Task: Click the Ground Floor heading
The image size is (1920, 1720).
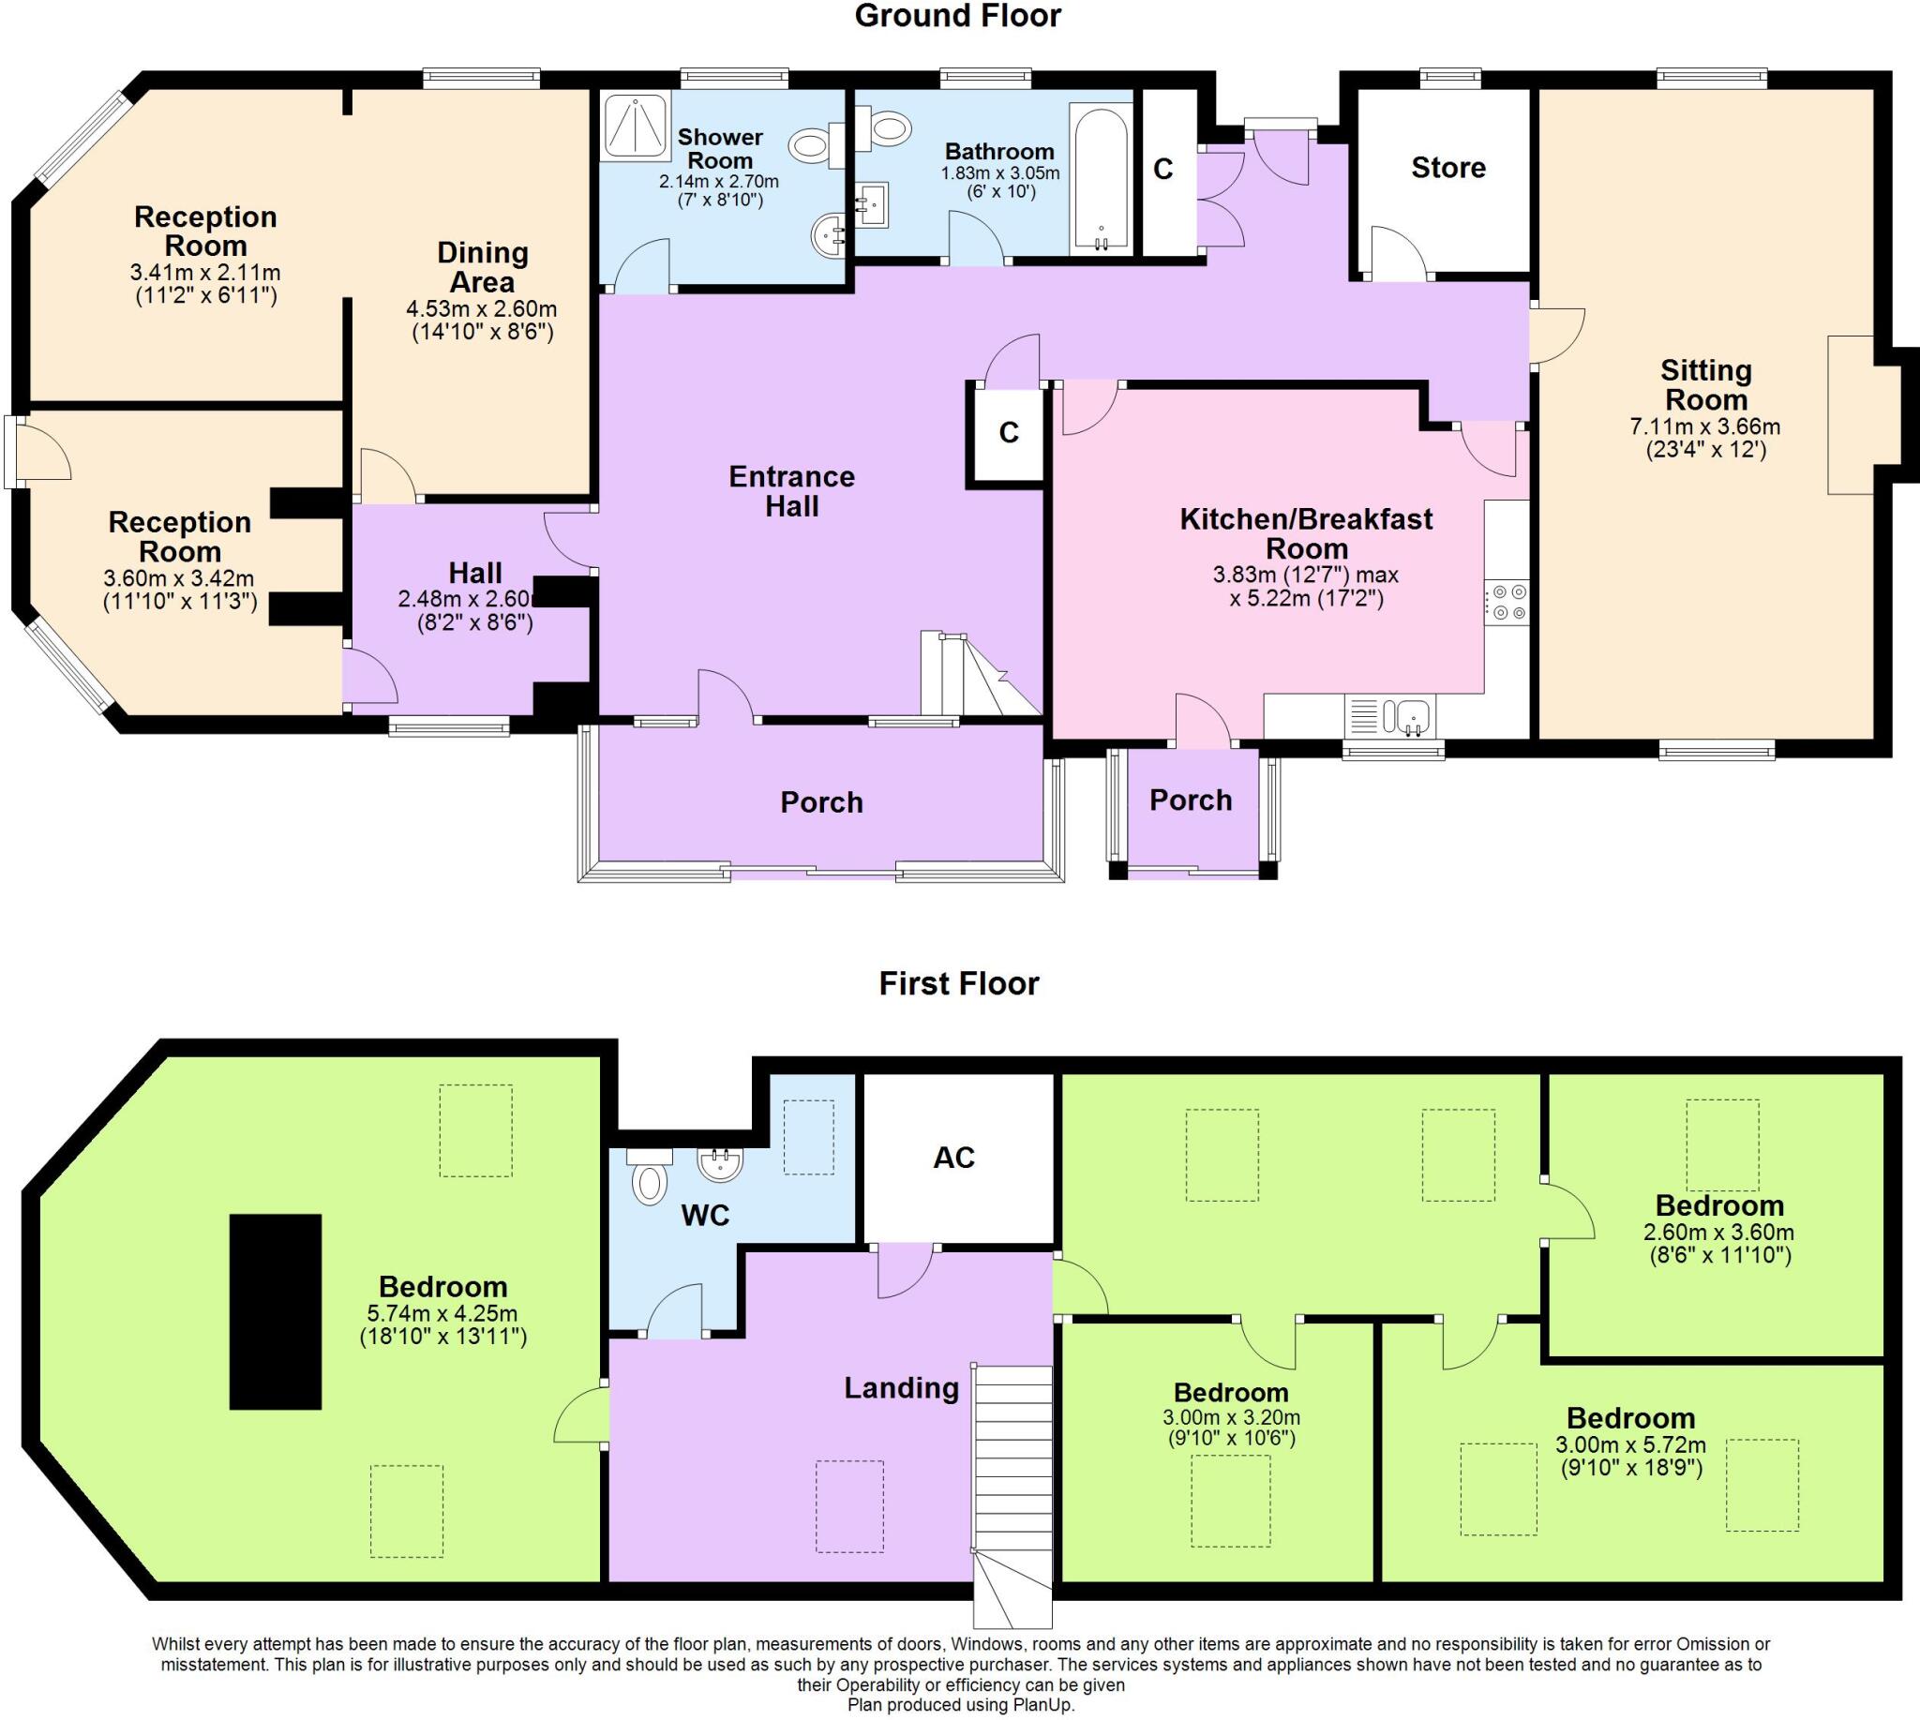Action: click(x=957, y=16)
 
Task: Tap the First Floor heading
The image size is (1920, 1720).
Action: click(x=958, y=984)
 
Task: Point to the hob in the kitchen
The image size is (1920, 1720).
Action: click(x=1506, y=602)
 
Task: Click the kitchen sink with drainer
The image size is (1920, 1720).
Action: click(x=1389, y=715)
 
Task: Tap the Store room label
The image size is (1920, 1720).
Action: click(x=1447, y=168)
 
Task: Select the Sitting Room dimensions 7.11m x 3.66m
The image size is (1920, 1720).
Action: click(x=1704, y=427)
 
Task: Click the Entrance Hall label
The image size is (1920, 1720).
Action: click(x=791, y=491)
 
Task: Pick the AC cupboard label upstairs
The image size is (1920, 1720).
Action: click(x=953, y=1158)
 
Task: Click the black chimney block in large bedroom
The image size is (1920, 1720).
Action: click(x=275, y=1311)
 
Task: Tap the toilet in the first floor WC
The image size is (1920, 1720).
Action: click(x=649, y=1183)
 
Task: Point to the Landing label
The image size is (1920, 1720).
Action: click(x=901, y=1388)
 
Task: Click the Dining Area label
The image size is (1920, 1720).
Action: click(x=482, y=267)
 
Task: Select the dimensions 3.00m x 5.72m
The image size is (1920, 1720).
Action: click(x=1630, y=1445)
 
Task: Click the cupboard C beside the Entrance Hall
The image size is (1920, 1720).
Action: click(x=1009, y=433)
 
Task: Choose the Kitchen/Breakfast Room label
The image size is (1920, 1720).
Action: click(x=1306, y=533)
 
